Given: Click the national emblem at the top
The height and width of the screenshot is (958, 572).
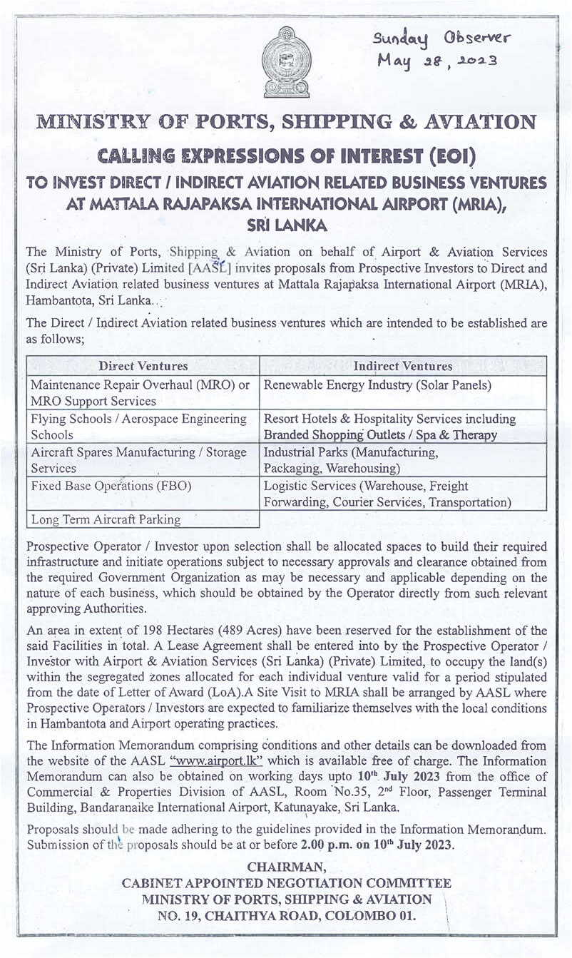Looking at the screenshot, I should (286, 62).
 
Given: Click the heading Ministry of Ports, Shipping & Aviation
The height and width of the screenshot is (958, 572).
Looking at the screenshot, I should (286, 122).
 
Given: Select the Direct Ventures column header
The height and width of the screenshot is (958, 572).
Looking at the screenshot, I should (143, 366).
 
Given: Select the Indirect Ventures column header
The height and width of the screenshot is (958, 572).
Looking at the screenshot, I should (403, 366).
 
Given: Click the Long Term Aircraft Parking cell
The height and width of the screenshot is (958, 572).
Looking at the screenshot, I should (143, 519).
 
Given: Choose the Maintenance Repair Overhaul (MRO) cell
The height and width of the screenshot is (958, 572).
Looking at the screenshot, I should (143, 392).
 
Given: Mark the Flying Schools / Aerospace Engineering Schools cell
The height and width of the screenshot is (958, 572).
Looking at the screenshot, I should (143, 427).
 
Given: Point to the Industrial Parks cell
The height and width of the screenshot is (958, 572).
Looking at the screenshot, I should (403, 460).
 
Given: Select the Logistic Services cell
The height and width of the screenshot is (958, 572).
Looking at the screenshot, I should (403, 494).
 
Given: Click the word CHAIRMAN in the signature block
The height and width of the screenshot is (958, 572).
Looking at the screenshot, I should (286, 867).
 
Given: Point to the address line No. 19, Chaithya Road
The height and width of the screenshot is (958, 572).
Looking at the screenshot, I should (286, 915).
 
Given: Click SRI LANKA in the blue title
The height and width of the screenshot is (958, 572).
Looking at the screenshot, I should (286, 225).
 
